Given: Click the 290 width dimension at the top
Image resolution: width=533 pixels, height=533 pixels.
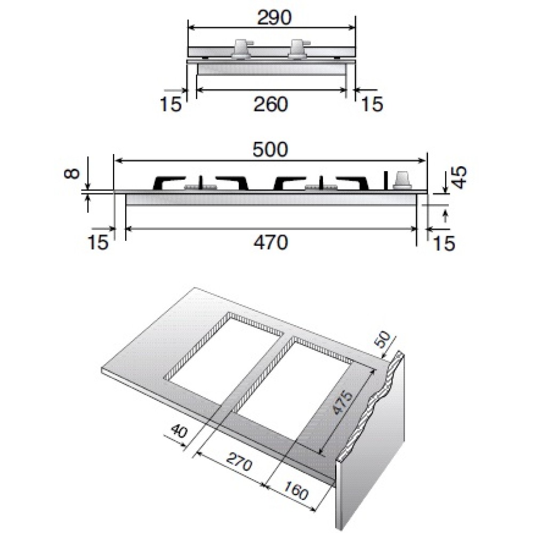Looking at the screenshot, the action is coord(274,18).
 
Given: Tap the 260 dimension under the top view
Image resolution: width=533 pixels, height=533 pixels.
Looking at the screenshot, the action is coord(271,104).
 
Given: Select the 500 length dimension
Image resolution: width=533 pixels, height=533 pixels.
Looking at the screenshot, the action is coord(270,149).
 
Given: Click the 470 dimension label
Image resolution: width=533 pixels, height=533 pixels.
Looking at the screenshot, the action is coord(271,242).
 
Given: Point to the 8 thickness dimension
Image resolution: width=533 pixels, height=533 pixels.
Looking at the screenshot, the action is coord(72,173).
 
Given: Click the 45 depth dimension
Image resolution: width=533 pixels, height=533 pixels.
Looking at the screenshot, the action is coord(459,177).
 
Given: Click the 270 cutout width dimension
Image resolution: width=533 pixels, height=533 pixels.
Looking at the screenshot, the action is coord(239,461).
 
